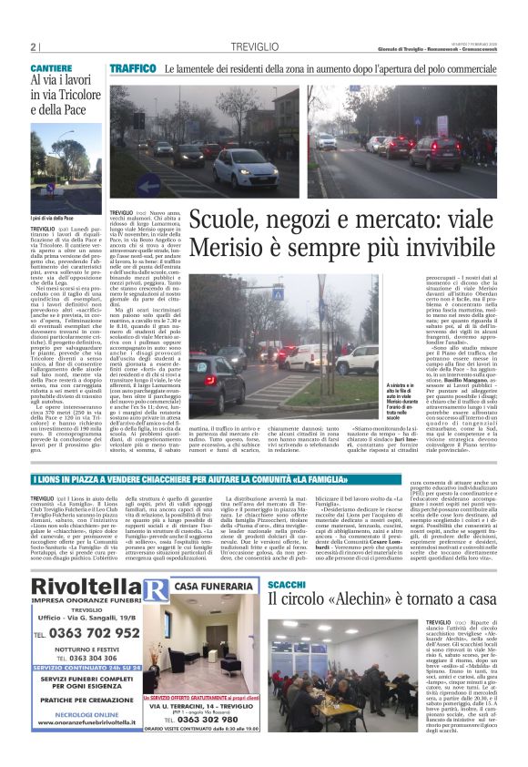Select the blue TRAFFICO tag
(x=133, y=68)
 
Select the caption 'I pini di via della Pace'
(x=52, y=219)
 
